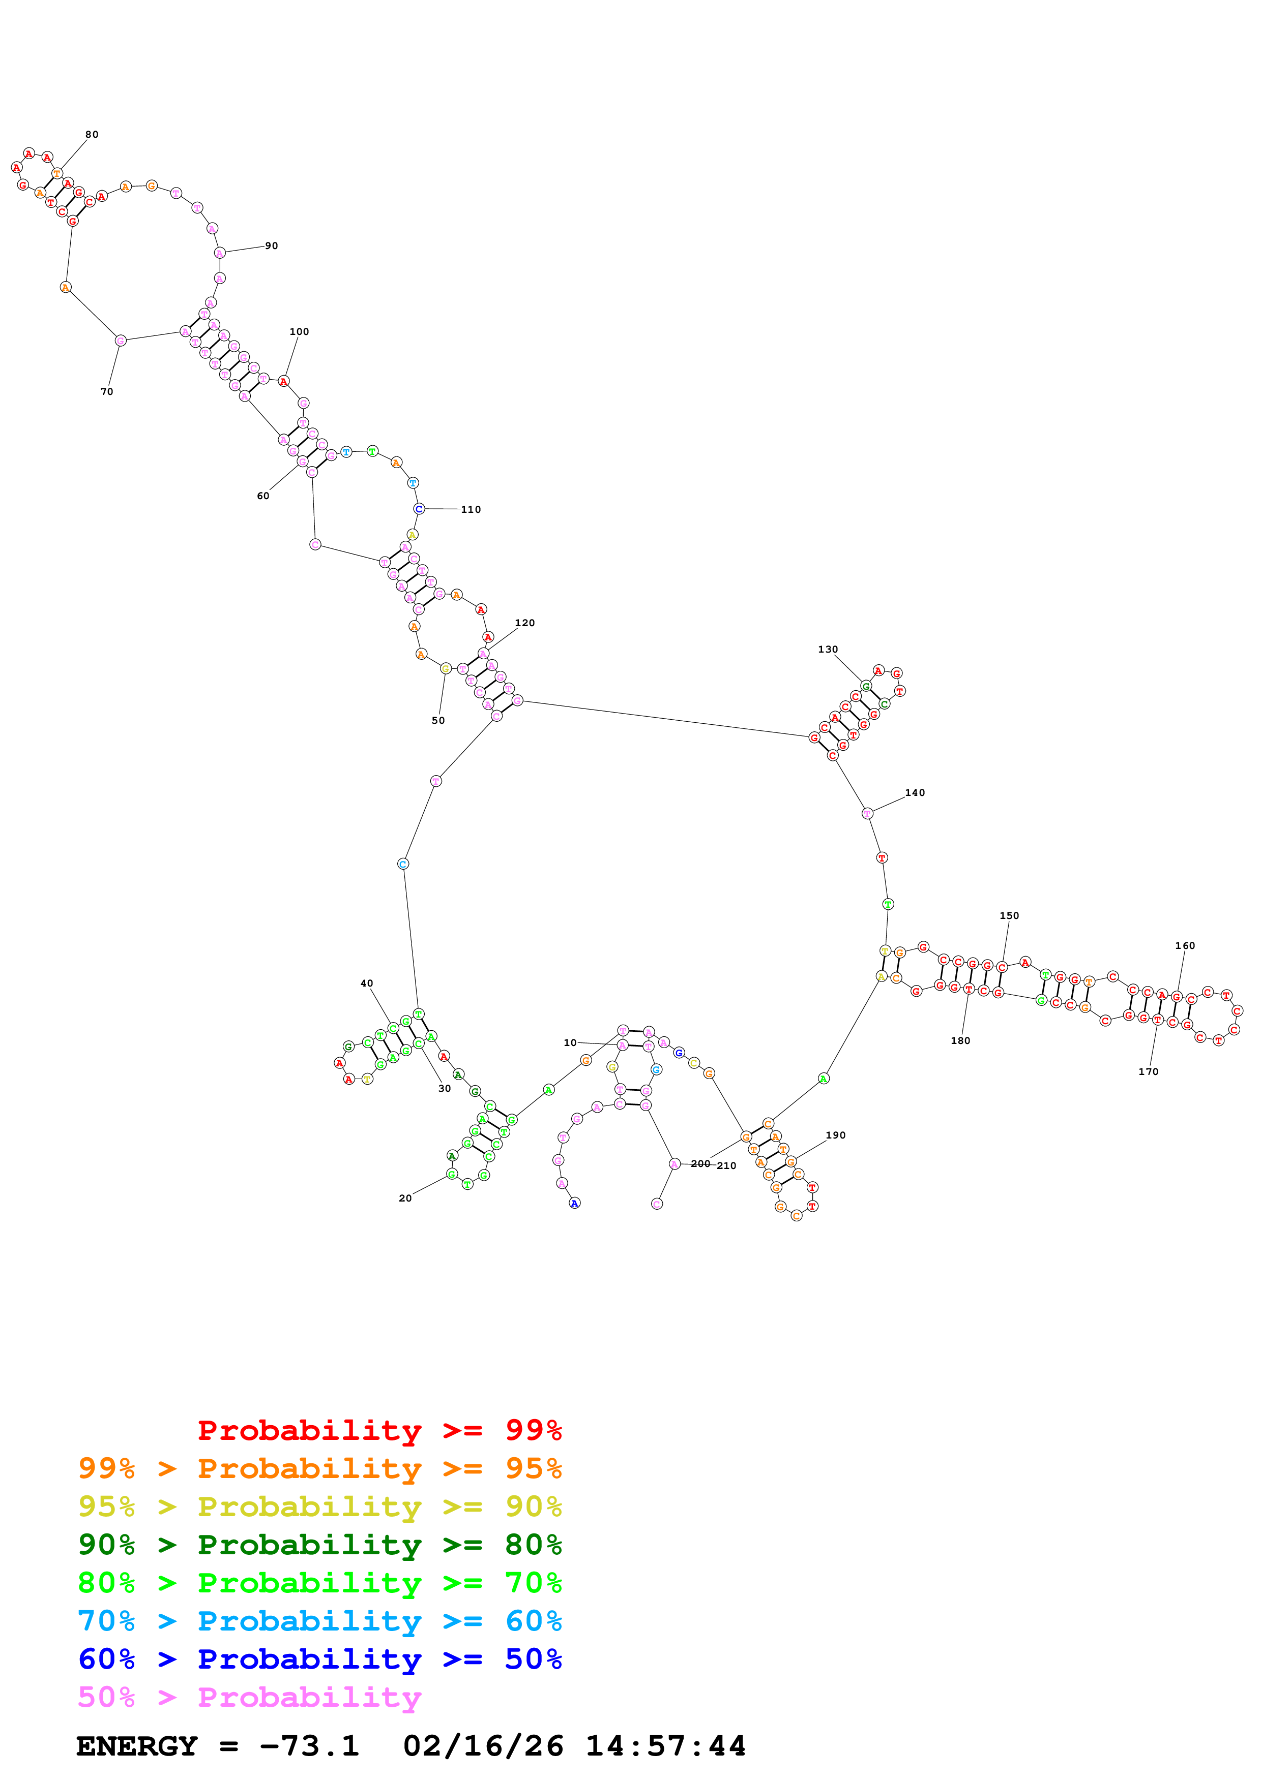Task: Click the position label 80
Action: tap(92, 134)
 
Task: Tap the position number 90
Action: tap(271, 245)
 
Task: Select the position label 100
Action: tap(299, 331)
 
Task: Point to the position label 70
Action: tap(106, 391)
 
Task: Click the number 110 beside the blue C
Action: tap(471, 509)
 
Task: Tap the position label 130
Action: tap(828, 649)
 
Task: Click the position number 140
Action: tap(915, 793)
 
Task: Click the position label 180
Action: tap(960, 1040)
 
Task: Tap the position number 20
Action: tap(405, 1198)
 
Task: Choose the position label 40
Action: tap(367, 983)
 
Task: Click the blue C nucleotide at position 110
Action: tap(419, 509)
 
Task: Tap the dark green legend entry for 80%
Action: tap(319, 1545)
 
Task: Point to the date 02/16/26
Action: tap(483, 1746)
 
